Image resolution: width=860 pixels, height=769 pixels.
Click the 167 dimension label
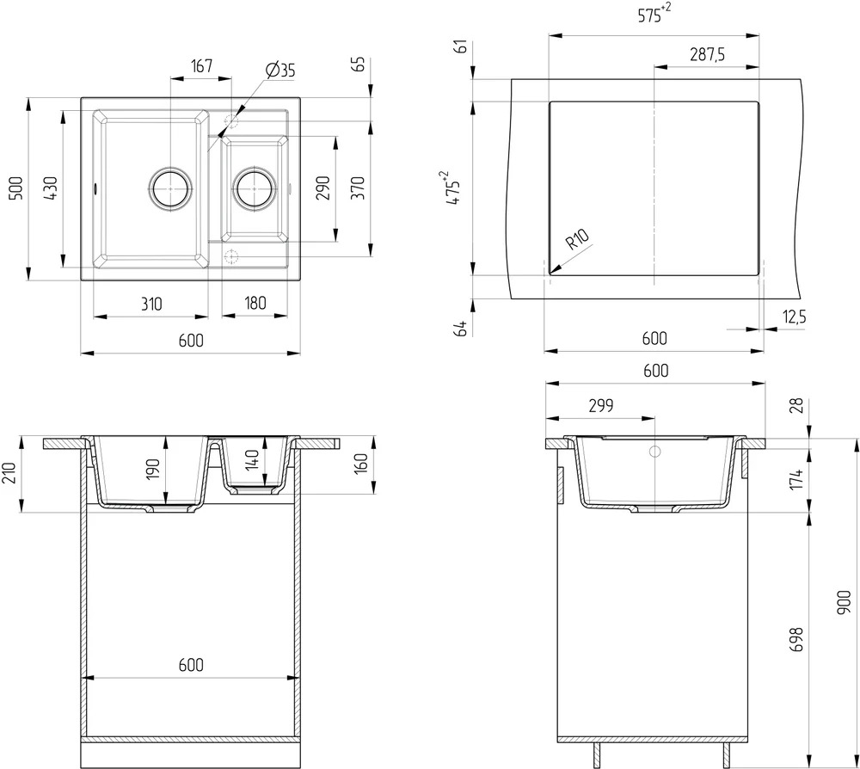click(201, 66)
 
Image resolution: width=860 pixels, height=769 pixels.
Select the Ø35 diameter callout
click(279, 71)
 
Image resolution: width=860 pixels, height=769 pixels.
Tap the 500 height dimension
click(17, 188)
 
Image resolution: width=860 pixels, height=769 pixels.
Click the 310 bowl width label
click(151, 304)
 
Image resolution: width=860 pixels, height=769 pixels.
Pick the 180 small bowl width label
click(255, 304)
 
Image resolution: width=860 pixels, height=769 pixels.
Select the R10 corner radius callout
click(577, 239)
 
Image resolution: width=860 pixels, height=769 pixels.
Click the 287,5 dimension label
click(708, 54)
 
